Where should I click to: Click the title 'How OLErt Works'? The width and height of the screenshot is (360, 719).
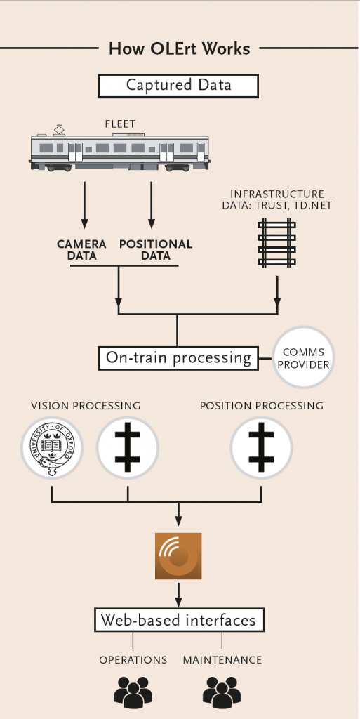tap(179, 48)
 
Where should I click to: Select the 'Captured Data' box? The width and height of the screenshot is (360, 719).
tap(178, 86)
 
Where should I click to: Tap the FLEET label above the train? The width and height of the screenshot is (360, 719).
tap(120, 124)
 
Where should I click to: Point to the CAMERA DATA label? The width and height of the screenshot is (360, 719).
tap(81, 249)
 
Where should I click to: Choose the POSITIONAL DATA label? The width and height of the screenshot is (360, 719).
tap(155, 249)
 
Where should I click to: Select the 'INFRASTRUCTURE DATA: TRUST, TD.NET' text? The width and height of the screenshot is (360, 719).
tap(278, 199)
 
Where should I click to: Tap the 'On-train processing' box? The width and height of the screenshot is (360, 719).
tap(178, 357)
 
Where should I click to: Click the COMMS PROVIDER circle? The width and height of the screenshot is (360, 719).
tap(303, 357)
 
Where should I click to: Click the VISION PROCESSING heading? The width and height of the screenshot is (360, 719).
tap(86, 406)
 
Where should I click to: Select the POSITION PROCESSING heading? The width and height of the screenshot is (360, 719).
tap(261, 406)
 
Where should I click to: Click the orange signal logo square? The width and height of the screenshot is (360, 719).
tap(178, 556)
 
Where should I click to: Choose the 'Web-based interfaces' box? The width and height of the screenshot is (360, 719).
tap(179, 620)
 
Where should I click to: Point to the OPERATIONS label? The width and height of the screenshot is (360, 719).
tap(133, 660)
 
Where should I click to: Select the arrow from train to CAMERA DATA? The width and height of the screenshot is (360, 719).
tap(84, 204)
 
